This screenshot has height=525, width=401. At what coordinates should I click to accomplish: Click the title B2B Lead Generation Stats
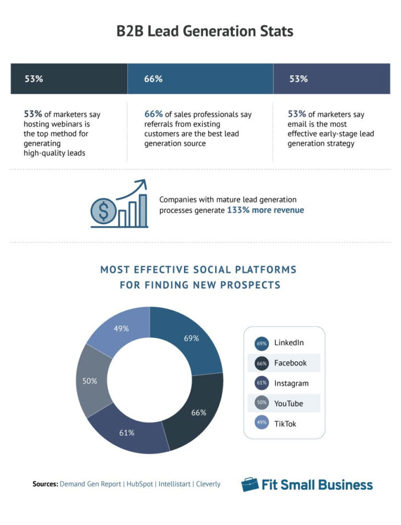pos(204,31)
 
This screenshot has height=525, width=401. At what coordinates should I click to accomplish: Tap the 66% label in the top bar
pos(153,79)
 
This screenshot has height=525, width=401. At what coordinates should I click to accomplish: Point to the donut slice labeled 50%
pos(91,381)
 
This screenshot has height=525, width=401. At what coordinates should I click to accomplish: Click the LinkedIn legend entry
pos(288,343)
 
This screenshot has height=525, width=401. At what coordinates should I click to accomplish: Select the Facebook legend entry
pos(290,363)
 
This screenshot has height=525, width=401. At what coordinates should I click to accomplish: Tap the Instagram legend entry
pos(291,383)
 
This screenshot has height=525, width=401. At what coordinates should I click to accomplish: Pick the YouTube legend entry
pos(288,404)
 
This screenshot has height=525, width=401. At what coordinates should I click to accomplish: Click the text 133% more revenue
pos(265,210)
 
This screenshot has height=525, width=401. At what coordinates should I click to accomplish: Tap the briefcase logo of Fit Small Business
pos(250,484)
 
